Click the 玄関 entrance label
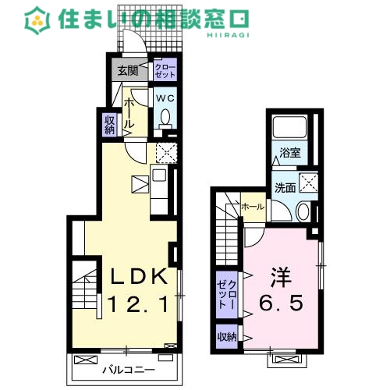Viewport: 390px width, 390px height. [127, 70]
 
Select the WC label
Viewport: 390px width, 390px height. [165, 99]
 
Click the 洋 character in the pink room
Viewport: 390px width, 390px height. [282, 276]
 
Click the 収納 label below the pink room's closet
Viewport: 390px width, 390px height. [226, 337]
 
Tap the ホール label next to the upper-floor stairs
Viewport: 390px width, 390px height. [252, 207]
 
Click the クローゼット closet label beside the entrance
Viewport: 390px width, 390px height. [165, 72]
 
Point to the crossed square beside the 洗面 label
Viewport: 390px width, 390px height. [308, 183]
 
